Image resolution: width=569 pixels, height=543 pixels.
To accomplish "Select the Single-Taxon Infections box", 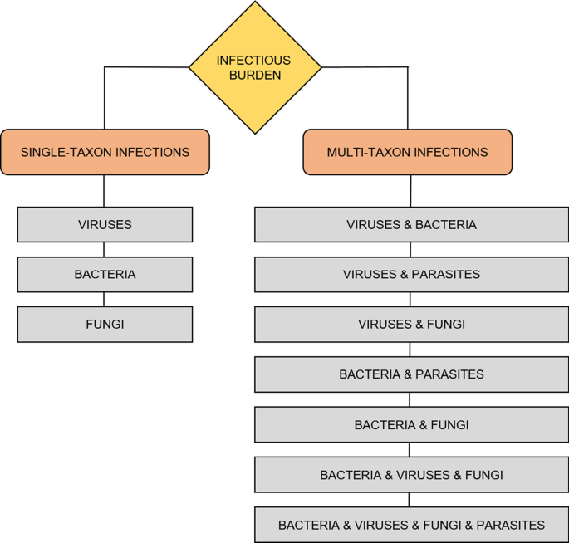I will [105, 152].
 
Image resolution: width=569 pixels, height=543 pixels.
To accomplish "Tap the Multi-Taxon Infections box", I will [407, 152].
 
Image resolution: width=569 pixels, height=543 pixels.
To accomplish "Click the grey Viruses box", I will [105, 224].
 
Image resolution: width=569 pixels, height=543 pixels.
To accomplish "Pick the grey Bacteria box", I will [105, 274].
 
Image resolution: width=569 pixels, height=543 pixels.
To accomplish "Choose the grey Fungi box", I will [105, 325].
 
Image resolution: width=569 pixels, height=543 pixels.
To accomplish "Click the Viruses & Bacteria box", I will [411, 224].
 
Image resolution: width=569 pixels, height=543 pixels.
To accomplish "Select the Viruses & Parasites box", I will [411, 274].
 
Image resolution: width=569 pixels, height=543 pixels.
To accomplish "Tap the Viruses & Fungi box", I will [411, 325].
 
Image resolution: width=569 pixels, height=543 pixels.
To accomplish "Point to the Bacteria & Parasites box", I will [411, 374].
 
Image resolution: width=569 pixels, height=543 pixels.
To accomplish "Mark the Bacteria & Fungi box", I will [411, 425].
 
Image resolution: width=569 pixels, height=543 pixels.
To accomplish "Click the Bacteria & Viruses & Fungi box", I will [411, 475].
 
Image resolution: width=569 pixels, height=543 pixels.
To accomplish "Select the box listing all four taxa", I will [411, 525].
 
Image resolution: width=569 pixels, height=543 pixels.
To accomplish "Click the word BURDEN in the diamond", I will [255, 75].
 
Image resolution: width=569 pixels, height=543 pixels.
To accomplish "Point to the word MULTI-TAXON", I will [363, 152].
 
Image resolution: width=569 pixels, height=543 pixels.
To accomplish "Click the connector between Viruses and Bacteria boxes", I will [105, 249].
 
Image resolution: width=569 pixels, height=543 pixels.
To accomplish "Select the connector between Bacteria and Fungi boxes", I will [105, 299].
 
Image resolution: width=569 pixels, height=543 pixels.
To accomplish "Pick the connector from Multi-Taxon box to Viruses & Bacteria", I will [410, 191].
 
